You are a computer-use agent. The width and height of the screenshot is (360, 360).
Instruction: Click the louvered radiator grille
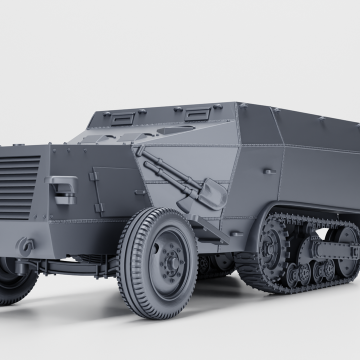coord(18,186)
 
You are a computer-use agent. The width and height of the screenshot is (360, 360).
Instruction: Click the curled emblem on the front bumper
coord(25,244)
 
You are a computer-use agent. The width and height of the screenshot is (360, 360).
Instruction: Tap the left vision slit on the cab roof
coord(123,119)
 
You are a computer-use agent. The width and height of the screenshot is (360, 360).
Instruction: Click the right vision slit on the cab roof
coord(197,114)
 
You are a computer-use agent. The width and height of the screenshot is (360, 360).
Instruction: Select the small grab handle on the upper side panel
coord(270,171)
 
